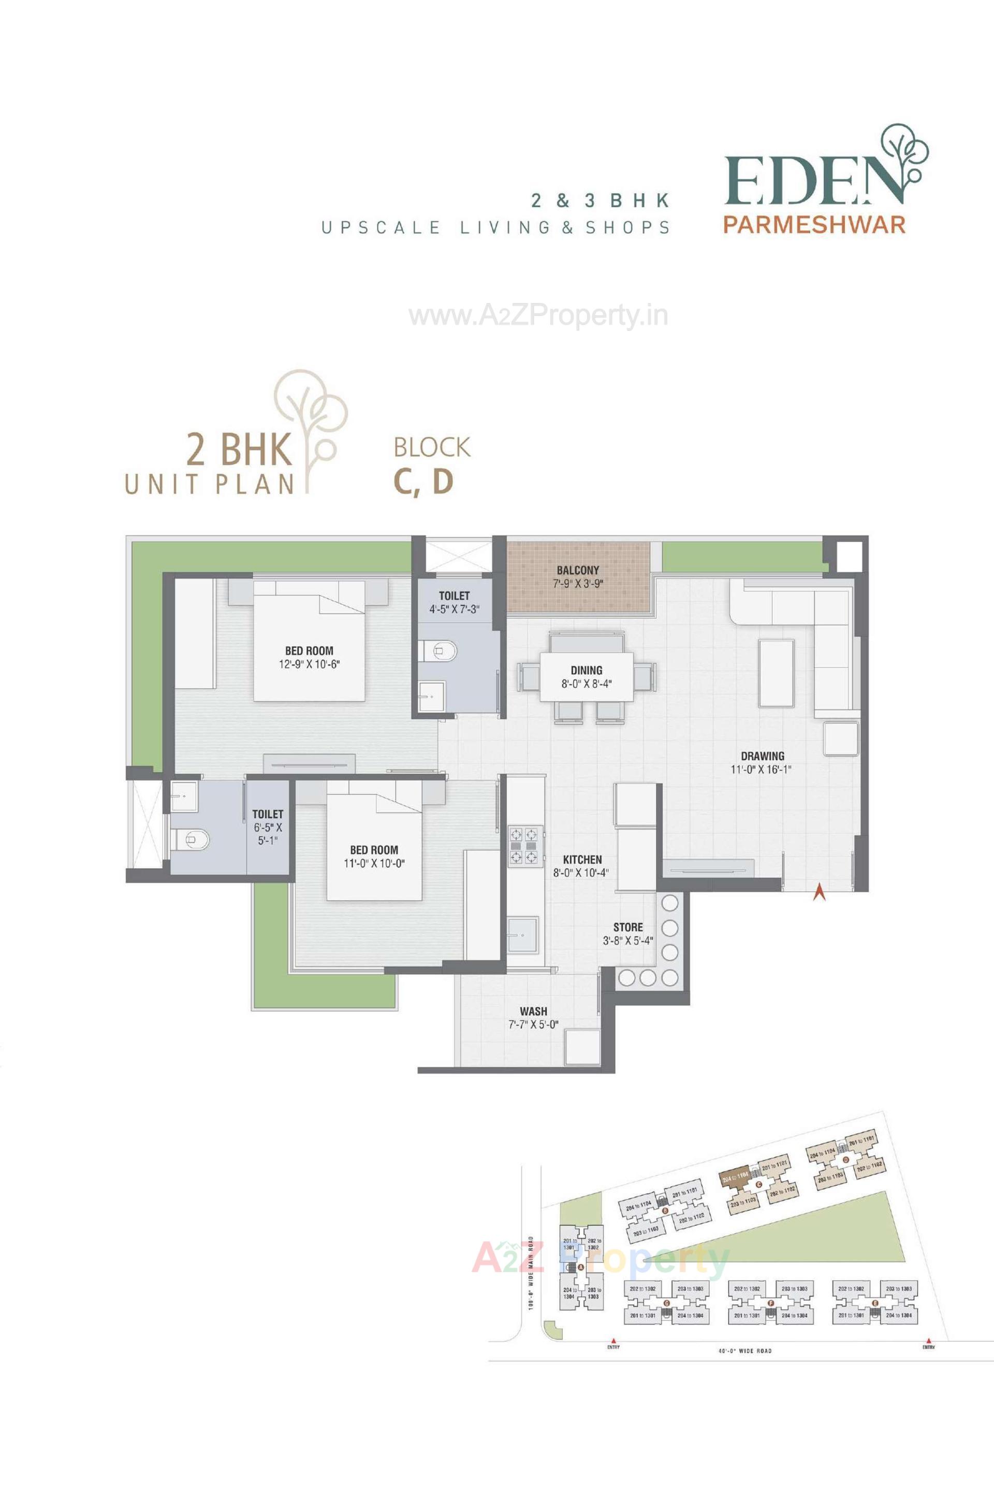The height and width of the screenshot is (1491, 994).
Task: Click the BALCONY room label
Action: [x=578, y=570]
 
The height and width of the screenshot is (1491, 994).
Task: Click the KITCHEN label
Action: [x=582, y=859]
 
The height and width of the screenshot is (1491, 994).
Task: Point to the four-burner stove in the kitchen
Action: [x=525, y=846]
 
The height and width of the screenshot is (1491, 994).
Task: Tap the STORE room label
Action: [x=627, y=927]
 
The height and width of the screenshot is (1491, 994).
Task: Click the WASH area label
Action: [x=533, y=1011]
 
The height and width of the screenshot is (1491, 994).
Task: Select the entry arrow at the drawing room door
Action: [x=819, y=892]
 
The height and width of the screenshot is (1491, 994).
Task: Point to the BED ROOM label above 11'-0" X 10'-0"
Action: [x=374, y=849]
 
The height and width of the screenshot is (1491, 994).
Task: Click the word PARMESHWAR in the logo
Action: [x=814, y=225]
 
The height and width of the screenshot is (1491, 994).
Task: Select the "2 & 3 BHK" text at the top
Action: [x=600, y=200]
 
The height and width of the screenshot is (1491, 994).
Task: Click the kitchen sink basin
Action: [x=523, y=934]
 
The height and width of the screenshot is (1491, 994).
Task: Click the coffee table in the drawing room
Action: [x=777, y=673]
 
